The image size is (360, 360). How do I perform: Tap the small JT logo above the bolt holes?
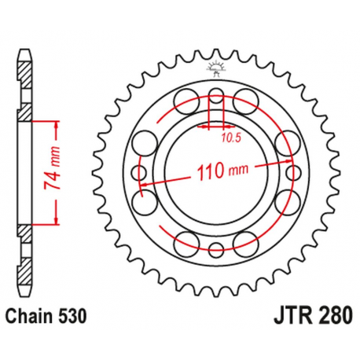[216, 67]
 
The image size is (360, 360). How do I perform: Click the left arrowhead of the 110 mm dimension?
[143, 186]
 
